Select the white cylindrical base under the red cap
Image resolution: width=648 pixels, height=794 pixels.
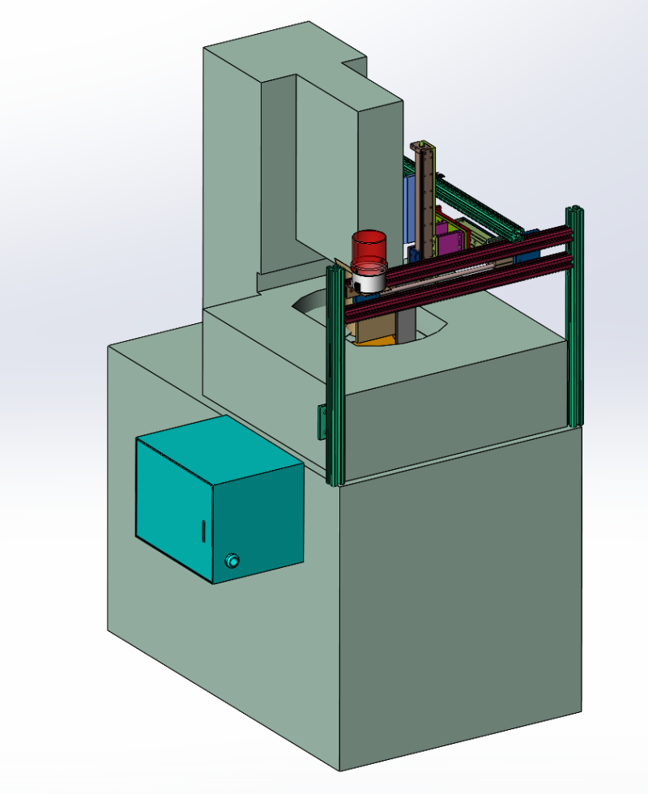click(369, 280)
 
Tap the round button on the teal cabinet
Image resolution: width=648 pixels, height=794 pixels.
click(233, 561)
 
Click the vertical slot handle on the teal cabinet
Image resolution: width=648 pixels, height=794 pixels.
click(202, 532)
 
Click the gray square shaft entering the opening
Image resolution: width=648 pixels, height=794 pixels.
click(405, 324)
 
